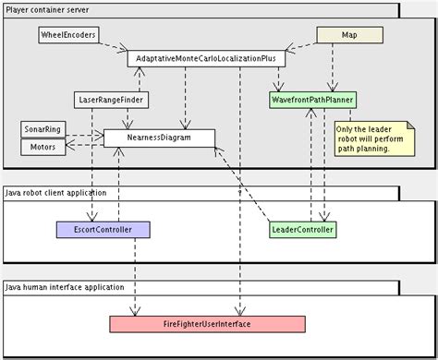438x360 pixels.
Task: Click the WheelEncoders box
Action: click(x=67, y=34)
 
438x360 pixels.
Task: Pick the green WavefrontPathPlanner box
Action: click(x=313, y=99)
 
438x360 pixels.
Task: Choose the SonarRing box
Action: click(x=41, y=128)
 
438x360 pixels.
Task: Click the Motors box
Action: click(x=42, y=146)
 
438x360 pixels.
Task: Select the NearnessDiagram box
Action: click(x=158, y=138)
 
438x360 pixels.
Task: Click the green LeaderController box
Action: click(x=302, y=228)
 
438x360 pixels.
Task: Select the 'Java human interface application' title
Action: click(x=65, y=290)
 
